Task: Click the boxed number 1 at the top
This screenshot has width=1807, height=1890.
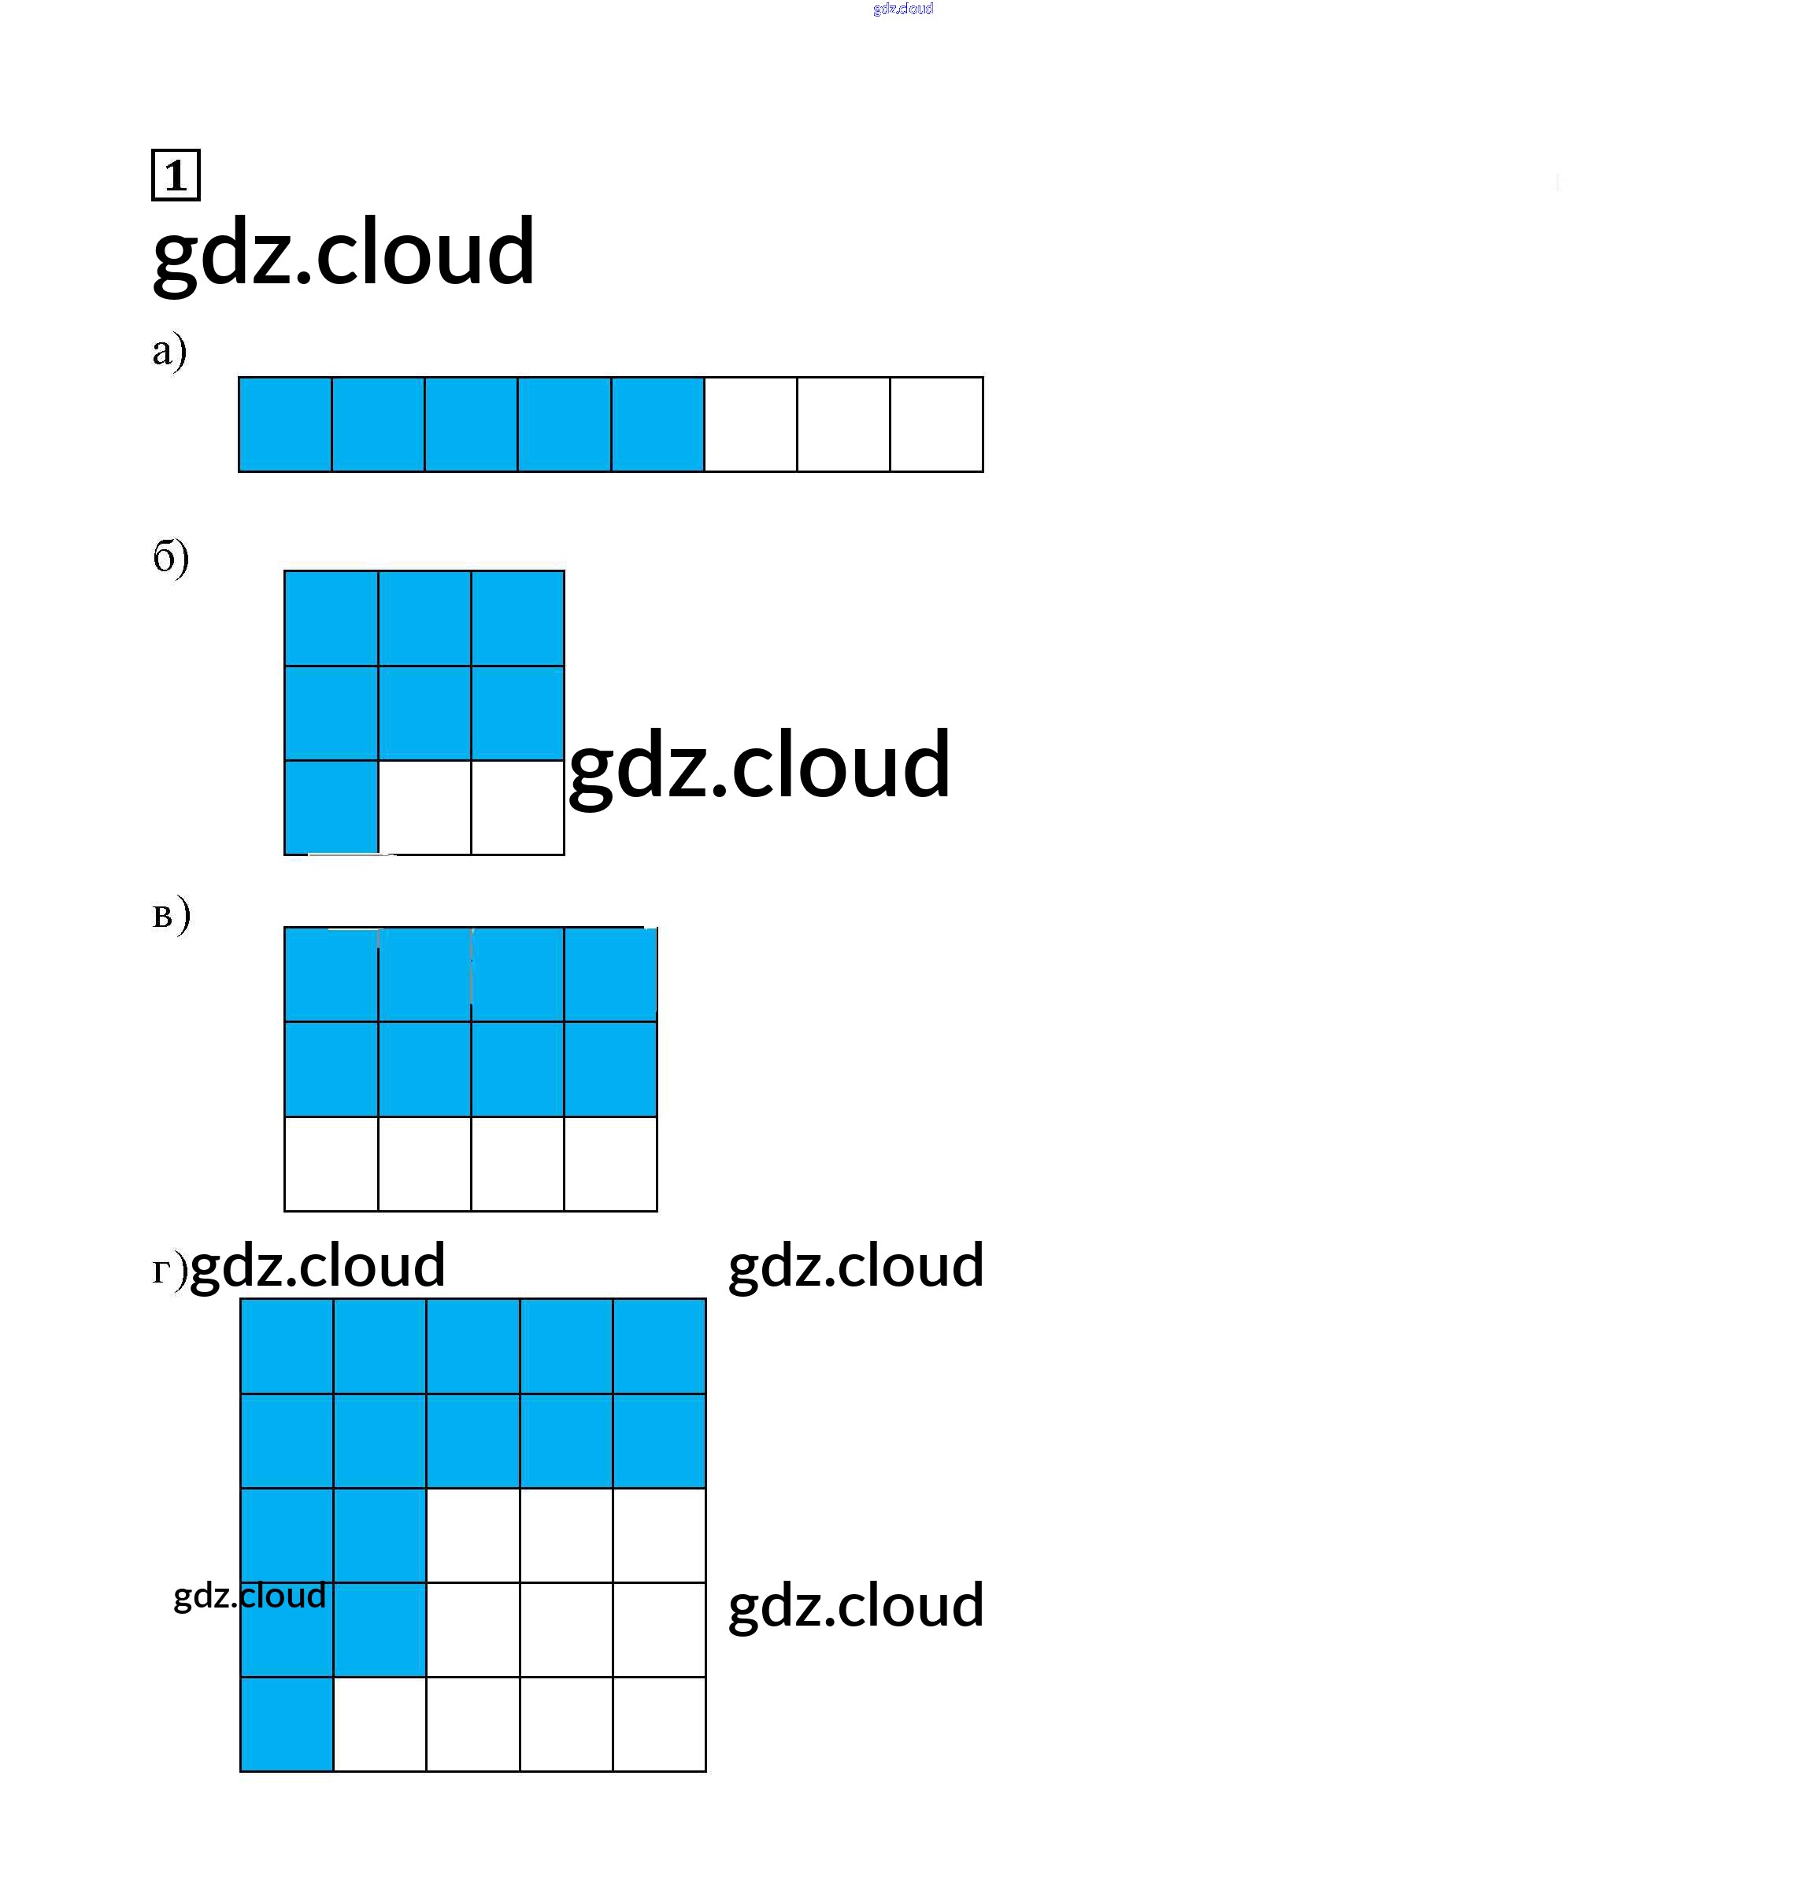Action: coord(176,175)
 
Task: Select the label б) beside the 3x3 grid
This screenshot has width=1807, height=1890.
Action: coord(171,556)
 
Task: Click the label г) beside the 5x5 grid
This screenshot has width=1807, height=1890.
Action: coord(168,1270)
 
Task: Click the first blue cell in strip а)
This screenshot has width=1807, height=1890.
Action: coord(285,425)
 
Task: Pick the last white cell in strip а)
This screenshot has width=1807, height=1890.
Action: coord(936,425)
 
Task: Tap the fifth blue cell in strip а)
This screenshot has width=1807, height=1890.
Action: coord(658,425)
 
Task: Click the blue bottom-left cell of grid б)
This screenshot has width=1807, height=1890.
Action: coord(331,807)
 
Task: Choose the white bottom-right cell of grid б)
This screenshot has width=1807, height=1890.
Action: coord(517,807)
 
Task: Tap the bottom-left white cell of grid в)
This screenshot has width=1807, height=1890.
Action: coord(331,1163)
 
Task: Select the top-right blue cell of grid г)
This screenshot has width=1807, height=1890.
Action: coord(660,1346)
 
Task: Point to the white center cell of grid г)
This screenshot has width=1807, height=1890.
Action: coord(473,1534)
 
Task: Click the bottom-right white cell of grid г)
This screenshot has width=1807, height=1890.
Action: coord(660,1723)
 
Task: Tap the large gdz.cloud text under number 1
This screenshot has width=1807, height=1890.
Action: coord(344,253)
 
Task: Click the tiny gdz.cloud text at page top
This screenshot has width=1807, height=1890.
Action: coord(902,9)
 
